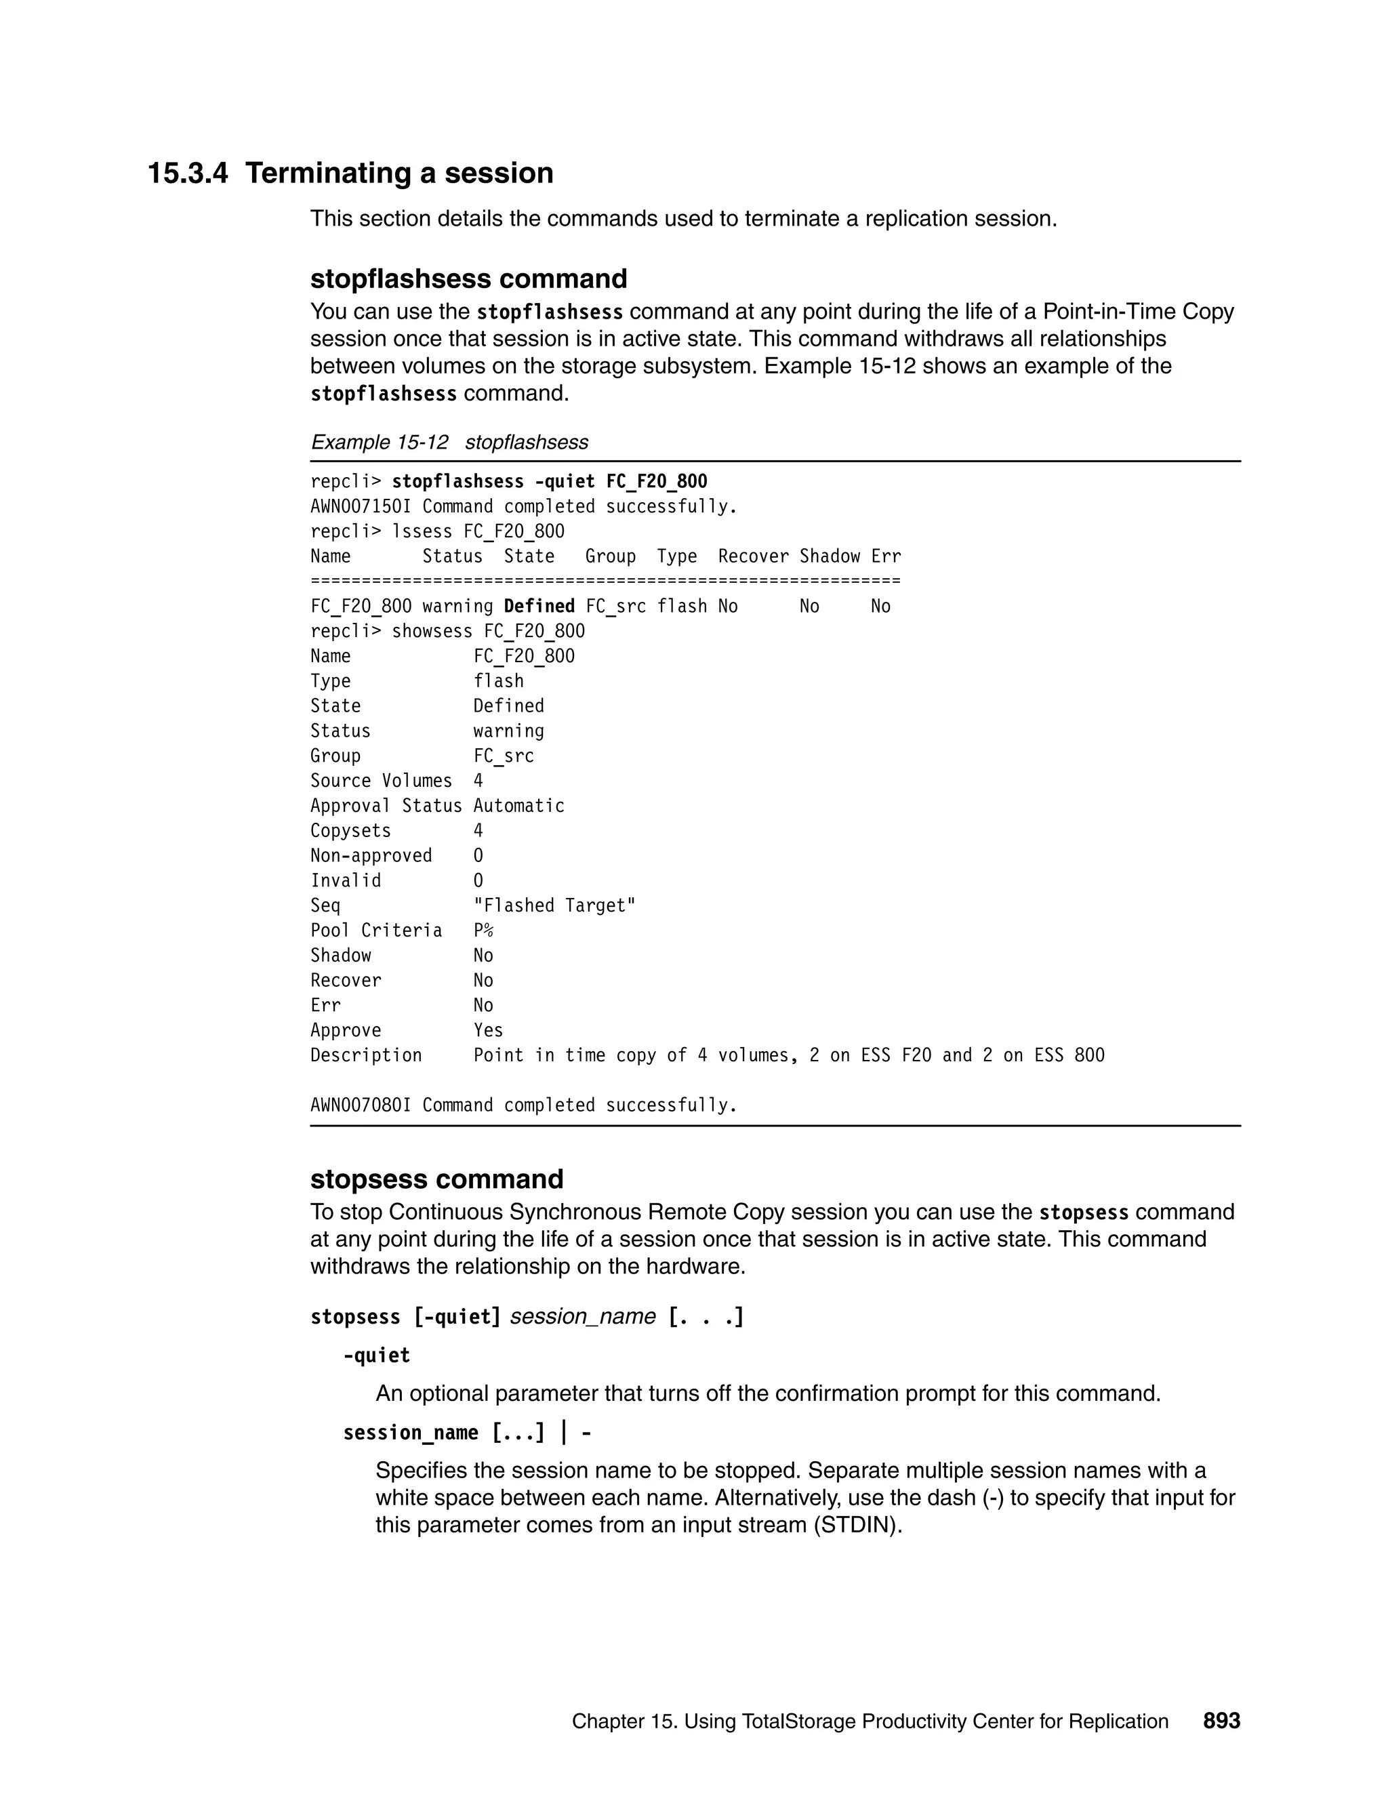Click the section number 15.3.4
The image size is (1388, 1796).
click(188, 174)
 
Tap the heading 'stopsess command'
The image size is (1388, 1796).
click(436, 1179)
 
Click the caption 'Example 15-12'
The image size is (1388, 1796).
click(379, 443)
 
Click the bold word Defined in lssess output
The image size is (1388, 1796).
click(539, 606)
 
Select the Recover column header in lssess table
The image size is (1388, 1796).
click(752, 556)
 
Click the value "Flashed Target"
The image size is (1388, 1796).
click(554, 905)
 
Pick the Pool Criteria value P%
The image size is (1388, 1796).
click(483, 930)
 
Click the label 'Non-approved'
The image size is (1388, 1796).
click(371, 856)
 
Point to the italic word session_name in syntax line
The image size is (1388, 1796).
click(582, 1317)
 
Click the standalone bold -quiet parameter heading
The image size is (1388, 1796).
click(377, 1355)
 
